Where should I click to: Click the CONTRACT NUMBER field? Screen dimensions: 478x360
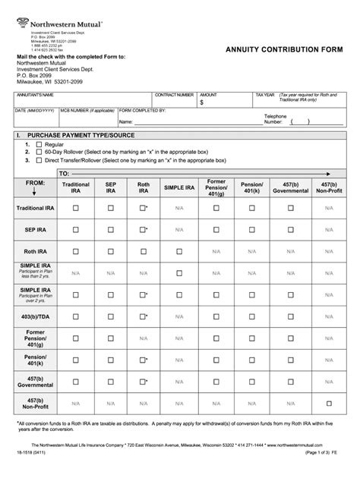click(174, 100)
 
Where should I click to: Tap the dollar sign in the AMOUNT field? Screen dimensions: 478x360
click(202, 102)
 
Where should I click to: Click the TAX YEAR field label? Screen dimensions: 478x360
click(265, 94)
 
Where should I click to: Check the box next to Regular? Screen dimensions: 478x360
click(37, 143)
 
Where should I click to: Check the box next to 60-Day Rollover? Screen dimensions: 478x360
click(37, 152)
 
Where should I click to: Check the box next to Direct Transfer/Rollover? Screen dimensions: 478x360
click(37, 161)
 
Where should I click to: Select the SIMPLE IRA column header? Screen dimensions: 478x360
click(178, 187)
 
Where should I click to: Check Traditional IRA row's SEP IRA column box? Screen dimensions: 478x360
click(110, 207)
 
